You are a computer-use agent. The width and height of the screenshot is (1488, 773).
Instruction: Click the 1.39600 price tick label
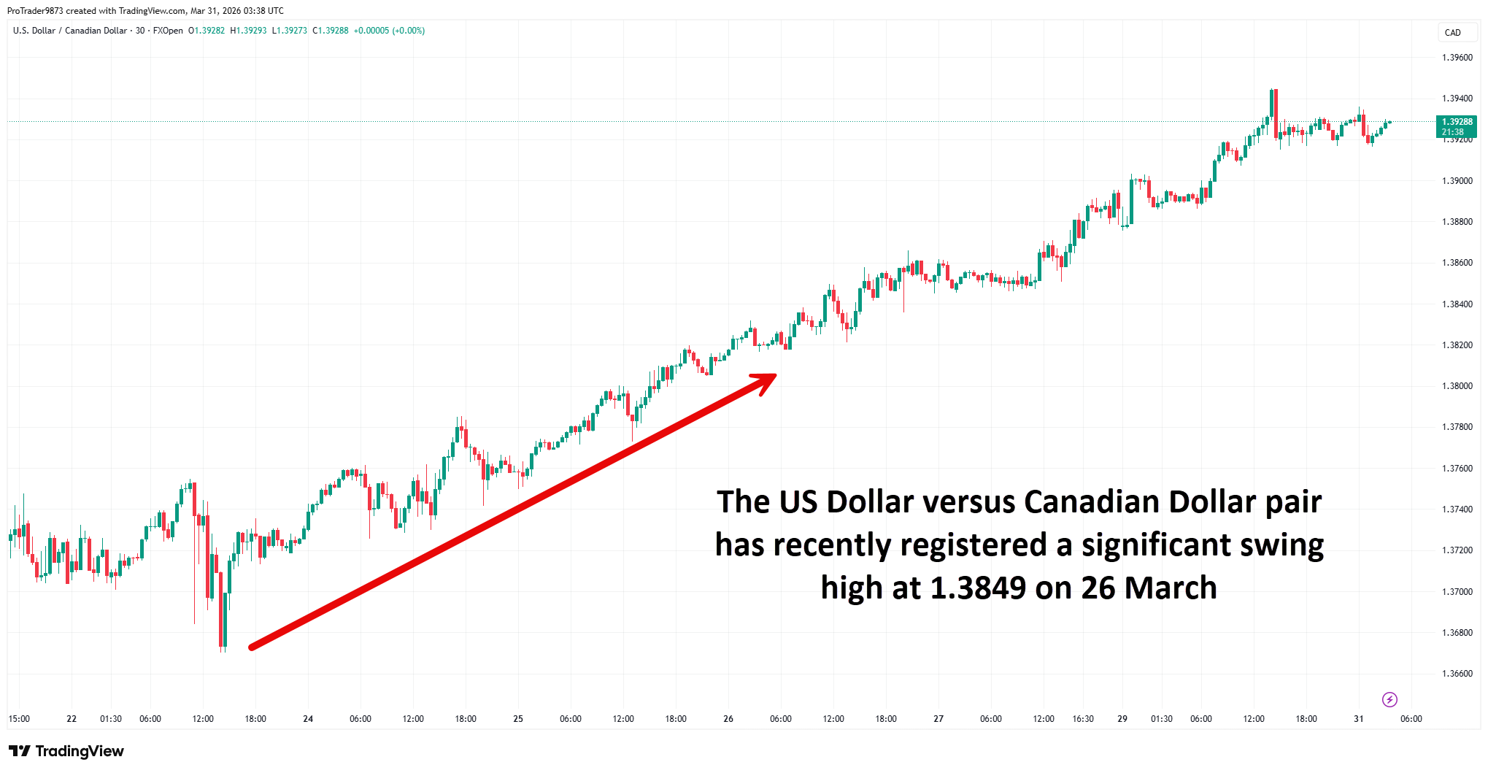coord(1457,58)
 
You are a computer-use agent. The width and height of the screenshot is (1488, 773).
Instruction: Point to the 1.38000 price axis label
coord(1457,386)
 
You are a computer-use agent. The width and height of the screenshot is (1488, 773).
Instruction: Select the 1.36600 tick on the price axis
coord(1457,674)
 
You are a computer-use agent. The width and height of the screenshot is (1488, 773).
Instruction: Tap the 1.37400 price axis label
coord(1457,509)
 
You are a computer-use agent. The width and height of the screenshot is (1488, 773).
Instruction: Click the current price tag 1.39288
coord(1457,122)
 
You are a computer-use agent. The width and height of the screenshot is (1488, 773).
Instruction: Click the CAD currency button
coord(1452,33)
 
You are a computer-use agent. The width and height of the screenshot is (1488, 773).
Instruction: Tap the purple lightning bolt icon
coord(1389,700)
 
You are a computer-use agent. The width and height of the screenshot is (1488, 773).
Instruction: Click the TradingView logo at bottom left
coord(66,751)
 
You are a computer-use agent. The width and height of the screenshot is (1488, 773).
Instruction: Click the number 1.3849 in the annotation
coord(978,588)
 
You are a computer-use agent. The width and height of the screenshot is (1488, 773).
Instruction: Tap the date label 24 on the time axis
coord(308,719)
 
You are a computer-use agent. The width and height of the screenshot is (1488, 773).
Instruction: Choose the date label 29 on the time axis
coord(1122,719)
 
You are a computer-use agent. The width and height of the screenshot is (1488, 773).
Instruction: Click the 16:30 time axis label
coord(1083,719)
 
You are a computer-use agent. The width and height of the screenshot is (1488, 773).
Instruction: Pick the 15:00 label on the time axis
coord(19,719)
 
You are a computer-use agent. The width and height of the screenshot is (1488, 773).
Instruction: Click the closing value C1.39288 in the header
coord(331,31)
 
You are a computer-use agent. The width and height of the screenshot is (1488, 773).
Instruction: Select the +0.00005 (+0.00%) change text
coord(389,31)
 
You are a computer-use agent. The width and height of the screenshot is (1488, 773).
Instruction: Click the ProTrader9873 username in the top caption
coord(35,11)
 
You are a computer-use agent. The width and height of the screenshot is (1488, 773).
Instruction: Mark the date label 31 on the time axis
coord(1359,719)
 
